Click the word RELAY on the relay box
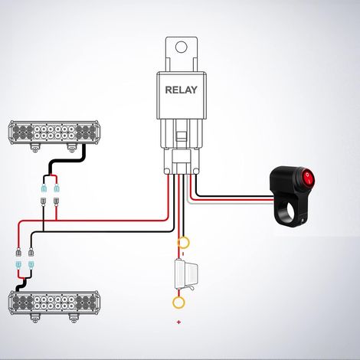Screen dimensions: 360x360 181,90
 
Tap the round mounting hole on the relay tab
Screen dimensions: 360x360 182,47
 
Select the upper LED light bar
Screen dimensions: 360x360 54,133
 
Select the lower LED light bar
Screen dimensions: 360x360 54,303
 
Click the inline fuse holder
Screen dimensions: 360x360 186,273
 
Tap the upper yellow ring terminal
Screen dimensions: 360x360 183,242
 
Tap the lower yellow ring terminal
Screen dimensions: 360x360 178,303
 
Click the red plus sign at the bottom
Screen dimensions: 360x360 178,322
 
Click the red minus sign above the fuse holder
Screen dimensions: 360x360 183,254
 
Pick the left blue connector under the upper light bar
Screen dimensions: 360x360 44,188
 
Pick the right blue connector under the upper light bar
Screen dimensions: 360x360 57,188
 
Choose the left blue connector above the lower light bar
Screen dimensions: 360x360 18,264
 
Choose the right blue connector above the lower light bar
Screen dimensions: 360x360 31,264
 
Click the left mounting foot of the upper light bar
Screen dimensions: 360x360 35,148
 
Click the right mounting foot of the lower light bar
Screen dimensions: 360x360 74,318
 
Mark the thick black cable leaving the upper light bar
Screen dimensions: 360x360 66,161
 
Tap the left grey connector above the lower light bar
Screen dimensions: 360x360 18,252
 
